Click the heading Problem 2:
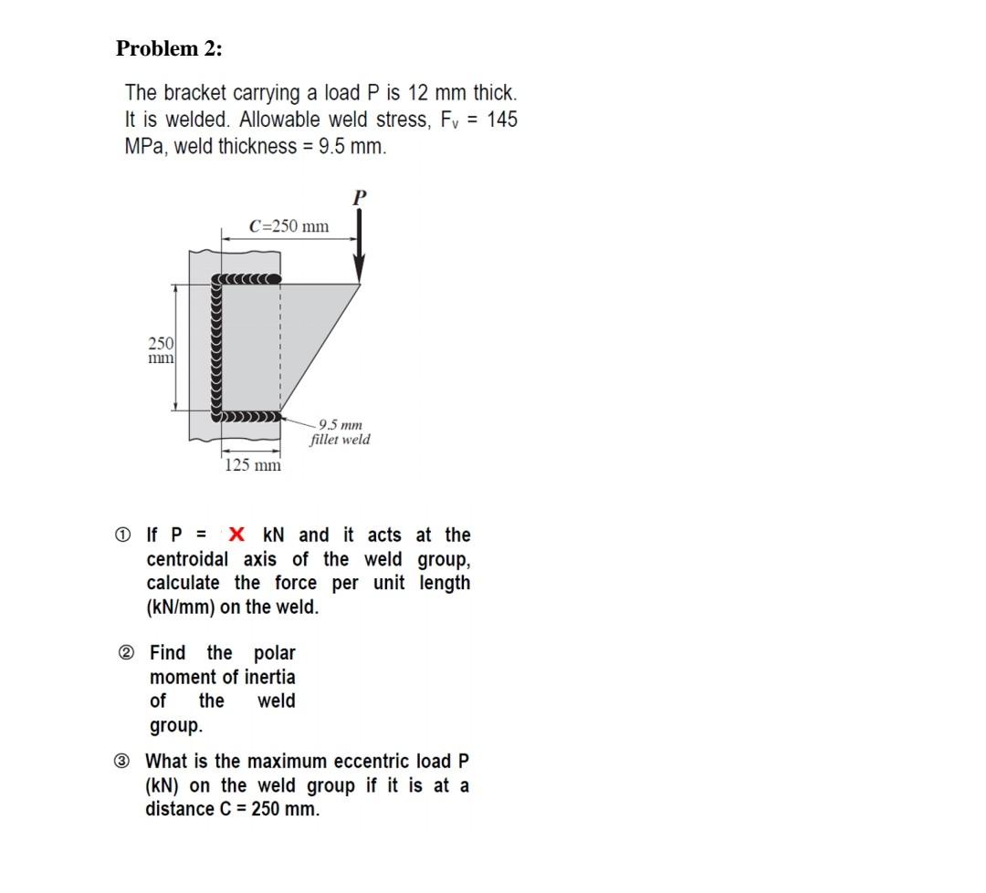(169, 49)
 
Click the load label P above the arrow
(359, 196)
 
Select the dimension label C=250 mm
(288, 226)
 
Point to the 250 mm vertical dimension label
(161, 350)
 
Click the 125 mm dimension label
(253, 465)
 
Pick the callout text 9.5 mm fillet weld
(340, 432)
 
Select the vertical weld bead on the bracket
(217, 348)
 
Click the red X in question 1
(236, 535)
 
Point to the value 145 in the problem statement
(501, 119)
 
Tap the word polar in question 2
(274, 653)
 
